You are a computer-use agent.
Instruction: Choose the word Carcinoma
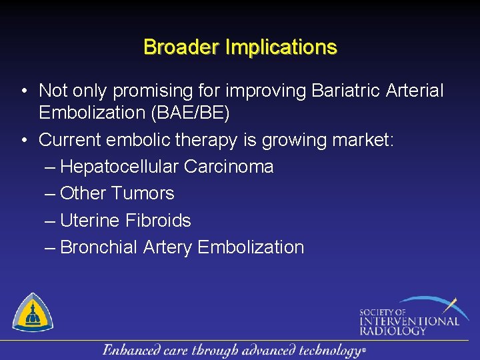pos(229,167)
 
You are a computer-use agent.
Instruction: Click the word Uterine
pos(91,220)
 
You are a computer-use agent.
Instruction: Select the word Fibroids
pos(159,220)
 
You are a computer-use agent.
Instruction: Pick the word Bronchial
pos(99,247)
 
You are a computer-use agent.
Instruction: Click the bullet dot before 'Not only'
pos(23,91)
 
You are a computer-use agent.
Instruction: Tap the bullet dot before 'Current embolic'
pos(23,140)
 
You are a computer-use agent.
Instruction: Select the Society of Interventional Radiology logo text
pos(408,321)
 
